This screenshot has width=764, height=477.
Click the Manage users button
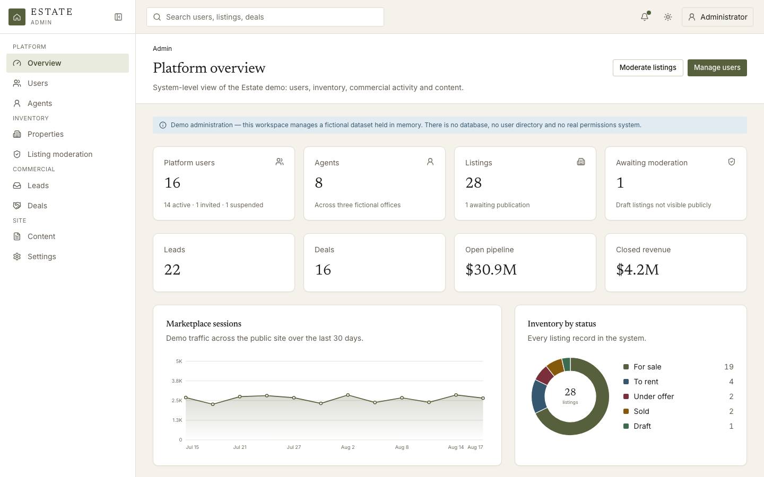tap(717, 67)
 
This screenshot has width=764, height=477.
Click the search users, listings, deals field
tap(265, 17)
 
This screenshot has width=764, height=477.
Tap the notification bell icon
tap(645, 17)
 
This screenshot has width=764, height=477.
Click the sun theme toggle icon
tap(668, 17)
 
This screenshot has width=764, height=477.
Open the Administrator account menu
tap(717, 17)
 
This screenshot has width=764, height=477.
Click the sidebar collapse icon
tap(118, 17)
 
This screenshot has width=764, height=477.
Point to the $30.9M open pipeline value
tap(491, 269)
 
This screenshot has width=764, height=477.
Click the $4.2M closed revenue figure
tap(637, 269)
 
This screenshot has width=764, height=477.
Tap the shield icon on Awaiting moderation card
tap(731, 162)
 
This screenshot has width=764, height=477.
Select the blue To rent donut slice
tap(539, 396)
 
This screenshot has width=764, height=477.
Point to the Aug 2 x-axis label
tap(348, 447)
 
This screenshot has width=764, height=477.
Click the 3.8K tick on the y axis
tap(177, 381)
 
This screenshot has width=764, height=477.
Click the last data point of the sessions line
tap(483, 398)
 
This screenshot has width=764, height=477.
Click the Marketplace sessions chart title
tap(204, 324)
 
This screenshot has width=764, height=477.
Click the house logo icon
tap(17, 17)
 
